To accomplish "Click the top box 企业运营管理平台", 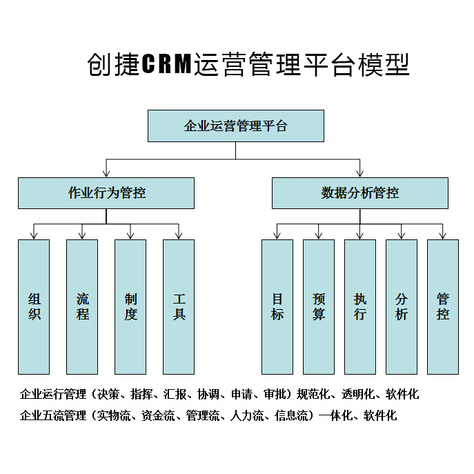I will pos(235,126).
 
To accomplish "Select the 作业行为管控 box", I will pos(106,193).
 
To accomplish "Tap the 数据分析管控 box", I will pos(359,193).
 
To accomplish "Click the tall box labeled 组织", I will pos(34,306).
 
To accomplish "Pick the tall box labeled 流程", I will pos(82,306).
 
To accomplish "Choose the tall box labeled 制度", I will pos(130,306).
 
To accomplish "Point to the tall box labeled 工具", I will pos(179,306).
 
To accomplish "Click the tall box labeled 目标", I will pos(277,306).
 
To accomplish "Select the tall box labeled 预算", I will pos(319,306).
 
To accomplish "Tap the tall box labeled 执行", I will pos(360,306).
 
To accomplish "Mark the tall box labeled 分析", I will pos(402,306).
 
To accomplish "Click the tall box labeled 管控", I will pos(443,306).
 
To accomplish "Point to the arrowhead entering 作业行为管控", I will pos(106,172).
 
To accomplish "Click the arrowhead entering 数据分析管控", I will pos(359,172).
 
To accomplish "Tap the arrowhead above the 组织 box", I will pos(34,235).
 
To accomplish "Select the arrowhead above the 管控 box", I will pos(443,235).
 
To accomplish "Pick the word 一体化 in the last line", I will pos(335,415).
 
